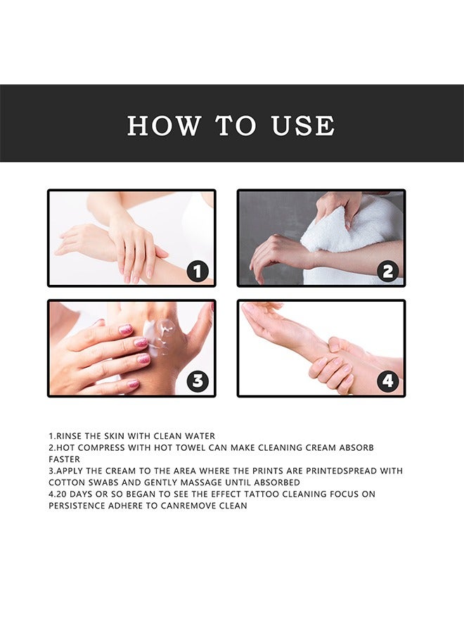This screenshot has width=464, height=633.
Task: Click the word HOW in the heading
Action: (164, 126)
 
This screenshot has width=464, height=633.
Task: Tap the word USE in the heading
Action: (303, 126)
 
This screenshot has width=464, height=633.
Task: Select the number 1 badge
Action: (198, 271)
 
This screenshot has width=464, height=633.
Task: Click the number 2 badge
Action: (387, 271)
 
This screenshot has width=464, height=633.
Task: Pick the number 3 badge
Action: (198, 381)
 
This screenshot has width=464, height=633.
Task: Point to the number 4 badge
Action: (387, 381)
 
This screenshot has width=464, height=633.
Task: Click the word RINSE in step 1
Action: (69, 436)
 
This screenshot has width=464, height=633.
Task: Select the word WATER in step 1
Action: (200, 436)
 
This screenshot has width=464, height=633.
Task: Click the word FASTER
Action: (64, 459)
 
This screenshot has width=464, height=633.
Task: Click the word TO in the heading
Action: (236, 126)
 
